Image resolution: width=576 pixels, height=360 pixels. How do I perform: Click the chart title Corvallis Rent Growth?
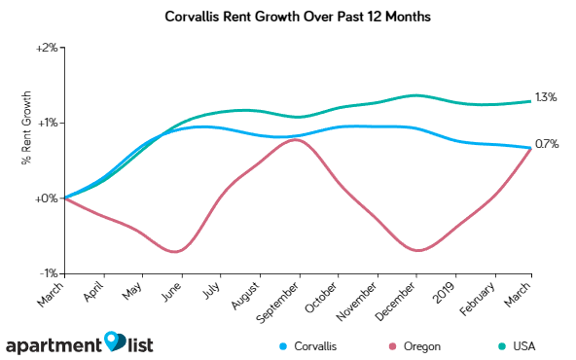point(287,18)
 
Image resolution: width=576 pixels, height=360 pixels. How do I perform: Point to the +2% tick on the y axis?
point(47,48)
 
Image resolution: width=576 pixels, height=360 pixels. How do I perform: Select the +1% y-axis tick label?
point(47,123)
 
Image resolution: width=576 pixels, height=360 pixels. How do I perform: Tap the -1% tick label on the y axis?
point(48,274)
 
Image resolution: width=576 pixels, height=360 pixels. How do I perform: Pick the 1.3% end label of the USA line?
point(546,97)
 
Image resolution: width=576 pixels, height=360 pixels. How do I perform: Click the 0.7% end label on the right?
point(546,145)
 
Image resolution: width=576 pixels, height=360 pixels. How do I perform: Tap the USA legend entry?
point(508,345)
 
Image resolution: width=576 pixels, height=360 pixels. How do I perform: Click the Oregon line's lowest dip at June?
point(176,252)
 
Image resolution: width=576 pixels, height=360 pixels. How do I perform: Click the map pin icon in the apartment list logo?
point(116,342)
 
